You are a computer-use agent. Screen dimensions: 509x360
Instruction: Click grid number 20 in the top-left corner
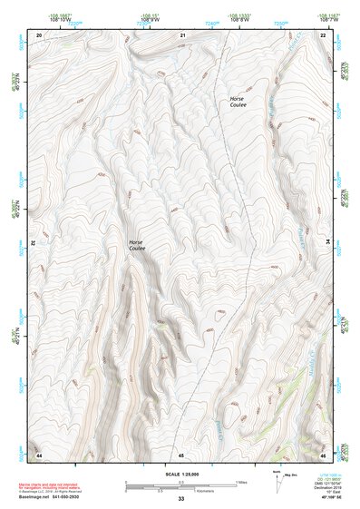click(39, 34)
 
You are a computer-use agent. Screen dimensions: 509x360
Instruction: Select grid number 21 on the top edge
click(182, 34)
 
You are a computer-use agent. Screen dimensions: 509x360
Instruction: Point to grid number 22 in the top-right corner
click(324, 34)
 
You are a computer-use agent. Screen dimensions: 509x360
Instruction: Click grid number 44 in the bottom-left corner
click(39, 453)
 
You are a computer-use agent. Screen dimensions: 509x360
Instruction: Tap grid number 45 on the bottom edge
click(181, 453)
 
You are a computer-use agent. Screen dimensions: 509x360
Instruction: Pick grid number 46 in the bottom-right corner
click(324, 453)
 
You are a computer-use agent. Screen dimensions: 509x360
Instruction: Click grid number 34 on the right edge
click(328, 242)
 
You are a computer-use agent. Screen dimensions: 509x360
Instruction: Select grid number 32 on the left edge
click(34, 242)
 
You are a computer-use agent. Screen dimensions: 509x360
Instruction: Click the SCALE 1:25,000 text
click(180, 475)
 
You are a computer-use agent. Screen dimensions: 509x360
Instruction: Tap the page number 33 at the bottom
click(180, 499)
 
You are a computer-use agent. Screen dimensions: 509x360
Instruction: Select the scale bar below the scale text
click(180, 486)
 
